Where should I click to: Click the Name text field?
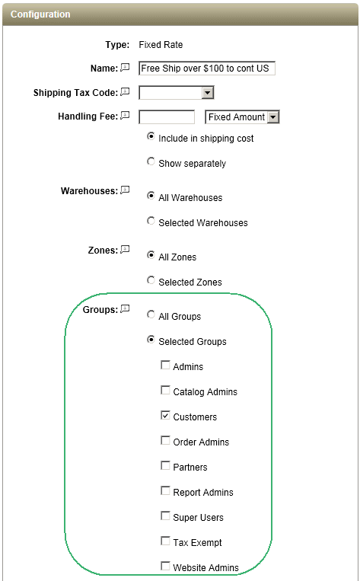pyautogui.click(x=207, y=69)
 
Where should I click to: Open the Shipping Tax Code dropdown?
pyautogui.click(x=177, y=92)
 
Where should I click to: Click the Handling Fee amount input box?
pyautogui.click(x=166, y=117)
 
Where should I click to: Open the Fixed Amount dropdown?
pyautogui.click(x=242, y=117)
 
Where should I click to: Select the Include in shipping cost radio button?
pyautogui.click(x=151, y=136)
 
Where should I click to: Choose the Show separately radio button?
pyautogui.click(x=151, y=161)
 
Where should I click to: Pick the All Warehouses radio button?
pyautogui.click(x=151, y=195)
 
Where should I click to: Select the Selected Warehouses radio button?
pyautogui.click(x=151, y=221)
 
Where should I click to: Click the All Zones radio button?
pyautogui.click(x=151, y=255)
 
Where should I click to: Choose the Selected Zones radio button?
pyautogui.click(x=151, y=280)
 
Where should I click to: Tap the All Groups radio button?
pyautogui.click(x=151, y=314)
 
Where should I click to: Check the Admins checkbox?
pyautogui.click(x=165, y=365)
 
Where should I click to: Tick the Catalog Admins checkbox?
pyautogui.click(x=165, y=390)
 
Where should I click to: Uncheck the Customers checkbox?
pyautogui.click(x=165, y=415)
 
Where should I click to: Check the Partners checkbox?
pyautogui.click(x=165, y=465)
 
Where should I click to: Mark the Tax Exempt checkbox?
pyautogui.click(x=165, y=541)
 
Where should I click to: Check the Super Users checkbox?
pyautogui.click(x=165, y=516)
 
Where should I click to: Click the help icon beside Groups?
pyautogui.click(x=125, y=308)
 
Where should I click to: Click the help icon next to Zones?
pyautogui.click(x=125, y=249)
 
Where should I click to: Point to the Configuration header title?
pyautogui.click(x=40, y=14)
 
